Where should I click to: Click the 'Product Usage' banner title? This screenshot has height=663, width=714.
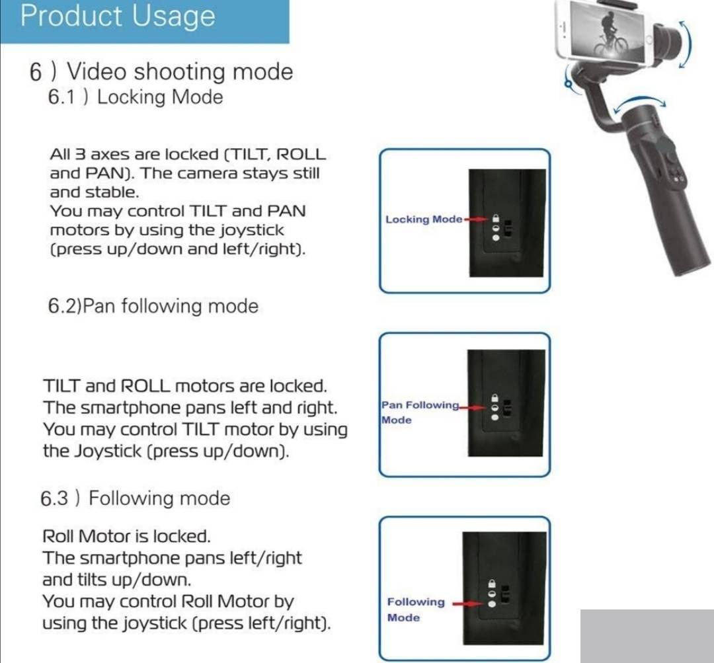click(x=118, y=16)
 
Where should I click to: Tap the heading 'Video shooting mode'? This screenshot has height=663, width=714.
click(x=180, y=72)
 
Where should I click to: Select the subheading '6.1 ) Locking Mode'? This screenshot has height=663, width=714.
click(x=136, y=97)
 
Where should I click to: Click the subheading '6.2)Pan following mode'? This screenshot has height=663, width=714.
click(x=153, y=306)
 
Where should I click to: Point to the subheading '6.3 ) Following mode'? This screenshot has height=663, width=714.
click(x=136, y=498)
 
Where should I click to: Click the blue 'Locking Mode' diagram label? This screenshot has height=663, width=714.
click(x=424, y=219)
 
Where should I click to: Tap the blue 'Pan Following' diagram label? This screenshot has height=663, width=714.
click(x=420, y=405)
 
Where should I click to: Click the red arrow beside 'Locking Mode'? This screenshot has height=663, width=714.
click(x=476, y=219)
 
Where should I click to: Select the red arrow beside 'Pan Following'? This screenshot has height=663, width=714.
click(x=473, y=408)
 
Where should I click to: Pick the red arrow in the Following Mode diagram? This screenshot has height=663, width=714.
click(x=467, y=604)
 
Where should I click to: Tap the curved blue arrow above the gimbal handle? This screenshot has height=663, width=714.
click(x=639, y=103)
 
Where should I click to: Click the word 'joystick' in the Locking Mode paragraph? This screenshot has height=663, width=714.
click(x=252, y=231)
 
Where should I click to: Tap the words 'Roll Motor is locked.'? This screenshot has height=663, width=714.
click(x=126, y=536)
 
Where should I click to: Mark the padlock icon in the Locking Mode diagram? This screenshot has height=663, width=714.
click(x=496, y=217)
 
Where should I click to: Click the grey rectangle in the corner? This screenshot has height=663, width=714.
click(x=647, y=636)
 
